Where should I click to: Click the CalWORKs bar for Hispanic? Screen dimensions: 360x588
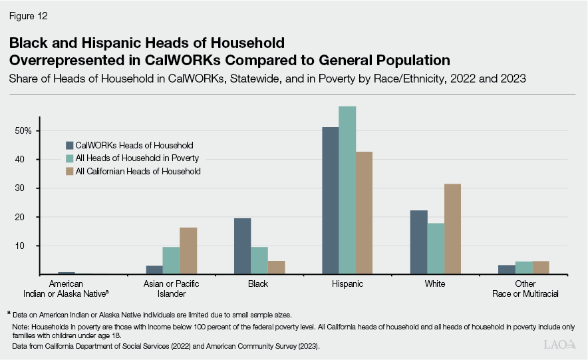(x=330, y=200)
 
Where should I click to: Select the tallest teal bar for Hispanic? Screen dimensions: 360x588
(x=347, y=190)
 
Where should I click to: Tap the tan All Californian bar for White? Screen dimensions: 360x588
(x=453, y=229)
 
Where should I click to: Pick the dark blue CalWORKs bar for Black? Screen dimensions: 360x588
(x=242, y=246)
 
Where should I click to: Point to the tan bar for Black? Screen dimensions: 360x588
(x=277, y=268)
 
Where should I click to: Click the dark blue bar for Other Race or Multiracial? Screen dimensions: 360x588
(x=506, y=270)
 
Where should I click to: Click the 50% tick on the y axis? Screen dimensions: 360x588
(x=23, y=131)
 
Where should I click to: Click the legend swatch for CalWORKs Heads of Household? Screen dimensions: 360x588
(x=69, y=144)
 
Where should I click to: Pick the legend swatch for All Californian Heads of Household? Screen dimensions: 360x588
(x=69, y=171)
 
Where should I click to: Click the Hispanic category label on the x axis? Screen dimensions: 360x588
(x=347, y=283)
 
